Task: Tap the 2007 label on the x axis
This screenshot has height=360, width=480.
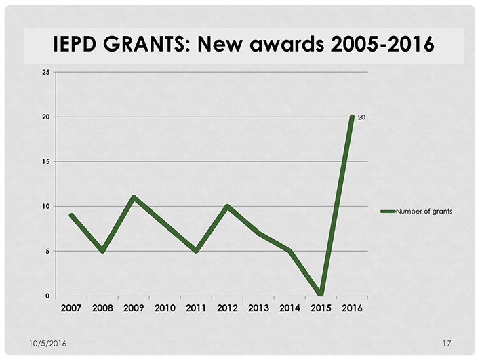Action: (71, 308)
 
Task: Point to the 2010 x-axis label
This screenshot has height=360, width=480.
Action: (165, 308)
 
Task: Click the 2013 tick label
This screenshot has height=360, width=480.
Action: (258, 308)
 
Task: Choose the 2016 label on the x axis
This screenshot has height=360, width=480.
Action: (352, 308)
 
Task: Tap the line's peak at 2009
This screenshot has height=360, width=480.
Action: (134, 197)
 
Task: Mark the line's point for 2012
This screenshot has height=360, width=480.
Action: (227, 206)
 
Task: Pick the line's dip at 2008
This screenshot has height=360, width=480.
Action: (102, 251)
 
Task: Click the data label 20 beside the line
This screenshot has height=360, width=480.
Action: (361, 117)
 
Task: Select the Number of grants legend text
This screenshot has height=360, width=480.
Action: (424, 212)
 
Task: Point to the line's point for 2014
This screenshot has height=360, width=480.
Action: (289, 251)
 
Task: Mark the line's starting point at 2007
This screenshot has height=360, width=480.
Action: (71, 215)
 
